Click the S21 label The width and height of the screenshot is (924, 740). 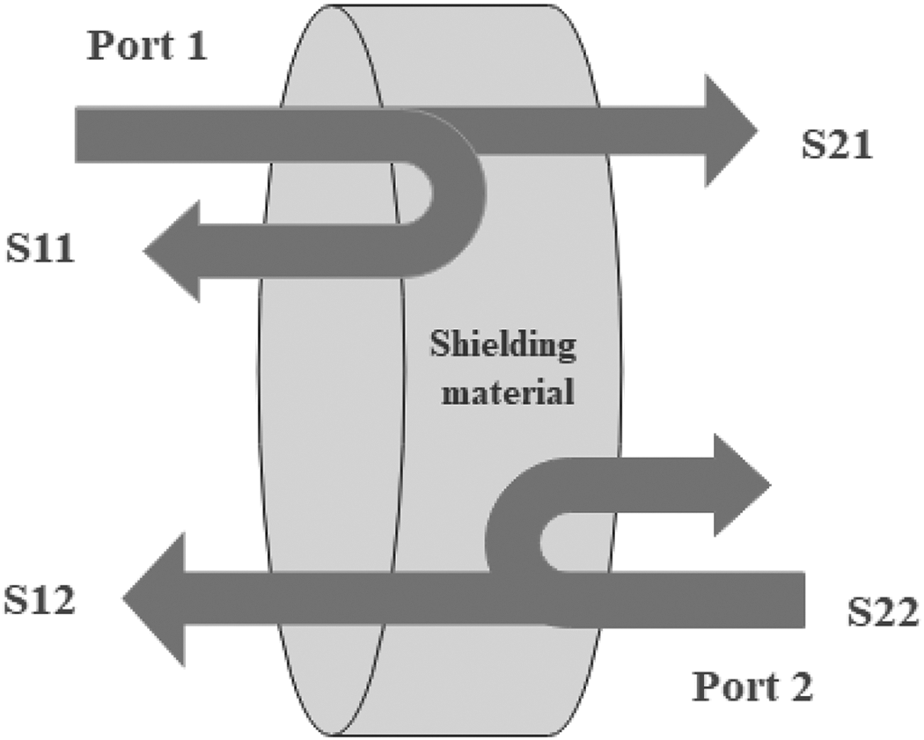coord(837,144)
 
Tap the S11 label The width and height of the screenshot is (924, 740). coord(40,248)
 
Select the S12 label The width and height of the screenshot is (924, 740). coord(40,600)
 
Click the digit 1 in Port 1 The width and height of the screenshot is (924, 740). coord(196,45)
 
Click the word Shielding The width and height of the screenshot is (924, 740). coord(502,345)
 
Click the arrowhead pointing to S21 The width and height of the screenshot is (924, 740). coord(731,131)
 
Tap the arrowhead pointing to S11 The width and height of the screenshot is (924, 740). coord(172,251)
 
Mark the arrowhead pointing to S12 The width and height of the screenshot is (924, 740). coord(154,599)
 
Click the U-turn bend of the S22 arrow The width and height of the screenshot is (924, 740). coord(515,542)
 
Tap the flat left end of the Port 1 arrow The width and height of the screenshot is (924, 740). coord(76,135)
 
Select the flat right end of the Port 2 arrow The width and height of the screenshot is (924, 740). coord(804,599)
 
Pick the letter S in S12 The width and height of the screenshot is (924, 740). coord(15,600)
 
